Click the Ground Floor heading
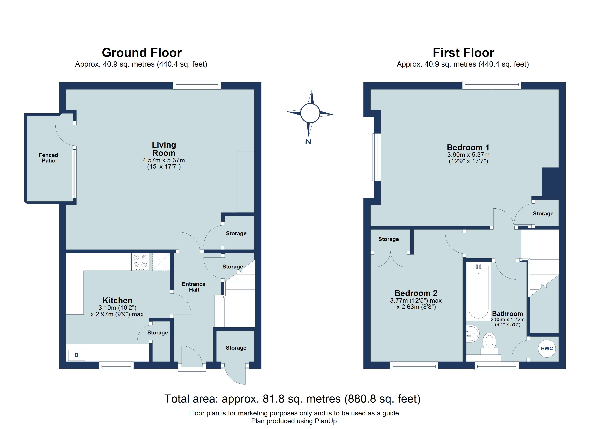pos(142,53)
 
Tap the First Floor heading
pos(463,53)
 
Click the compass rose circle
pos(310,113)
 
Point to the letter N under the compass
pos(308,142)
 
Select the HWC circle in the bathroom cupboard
pos(547,349)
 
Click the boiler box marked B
pos(77,355)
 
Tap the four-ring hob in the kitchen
pos(140,262)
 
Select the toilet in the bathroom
pos(489,343)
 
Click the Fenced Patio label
pos(48,158)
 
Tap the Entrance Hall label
pos(194,287)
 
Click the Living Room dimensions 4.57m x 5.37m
pos(163,160)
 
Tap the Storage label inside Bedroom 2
pos(388,239)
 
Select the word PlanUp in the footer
pos(326,421)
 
